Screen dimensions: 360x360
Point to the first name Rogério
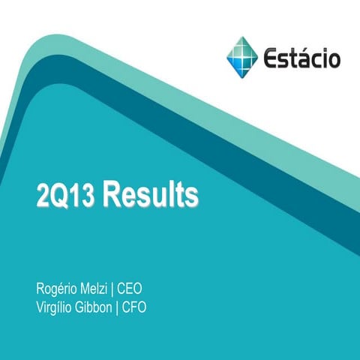57,288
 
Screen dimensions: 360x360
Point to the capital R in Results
111,194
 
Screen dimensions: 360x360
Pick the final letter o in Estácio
334,58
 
